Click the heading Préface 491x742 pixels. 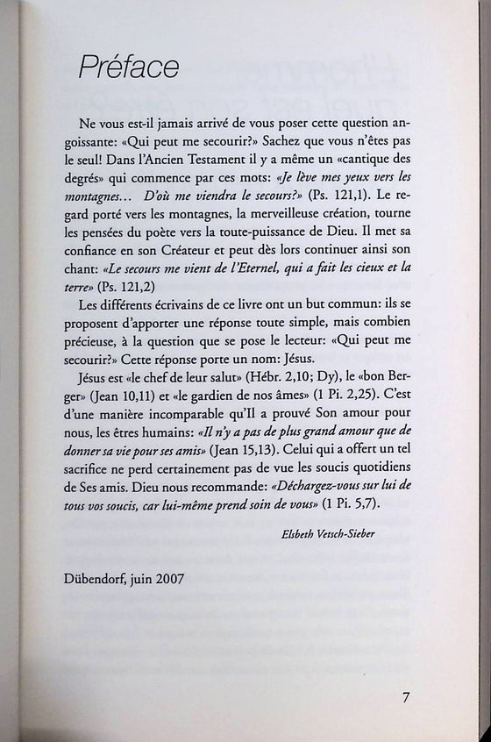point(129,66)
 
